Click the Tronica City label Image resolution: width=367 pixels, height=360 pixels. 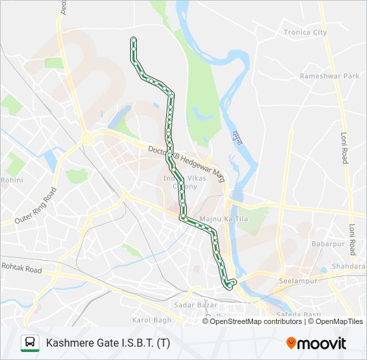pos(305,32)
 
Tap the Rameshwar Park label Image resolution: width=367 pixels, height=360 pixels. pos(329,76)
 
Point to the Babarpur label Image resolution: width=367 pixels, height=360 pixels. pos(326,244)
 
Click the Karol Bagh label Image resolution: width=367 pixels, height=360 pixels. pos(151,321)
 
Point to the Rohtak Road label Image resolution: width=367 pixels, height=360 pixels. pos(21,270)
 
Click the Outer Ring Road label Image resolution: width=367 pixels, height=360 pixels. pos(37,205)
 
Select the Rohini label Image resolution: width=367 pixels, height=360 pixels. pos(12,180)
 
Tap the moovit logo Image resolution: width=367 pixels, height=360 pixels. pos(316,343)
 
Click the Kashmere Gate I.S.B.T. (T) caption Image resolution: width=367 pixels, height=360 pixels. pos(107,343)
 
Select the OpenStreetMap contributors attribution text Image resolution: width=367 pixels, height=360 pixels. pos(256,321)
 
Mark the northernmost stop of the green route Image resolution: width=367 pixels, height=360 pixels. pos(133,40)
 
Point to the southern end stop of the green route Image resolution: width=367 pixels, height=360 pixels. pos(230,286)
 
